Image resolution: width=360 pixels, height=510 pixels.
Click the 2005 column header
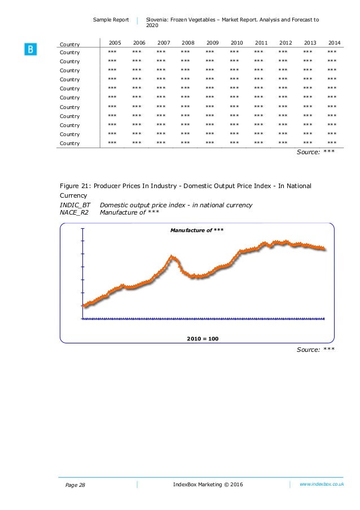click(x=115, y=43)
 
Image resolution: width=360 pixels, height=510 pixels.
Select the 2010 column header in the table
click(x=237, y=43)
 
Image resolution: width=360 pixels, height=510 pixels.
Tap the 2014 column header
click(x=334, y=43)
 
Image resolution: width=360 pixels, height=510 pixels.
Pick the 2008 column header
click(x=188, y=43)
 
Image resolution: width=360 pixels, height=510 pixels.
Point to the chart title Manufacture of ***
click(x=197, y=230)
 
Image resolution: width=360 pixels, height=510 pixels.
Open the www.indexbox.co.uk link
click(x=322, y=484)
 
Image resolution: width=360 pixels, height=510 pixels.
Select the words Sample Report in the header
click(x=111, y=20)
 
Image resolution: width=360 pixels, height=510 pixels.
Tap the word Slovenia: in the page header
click(x=159, y=20)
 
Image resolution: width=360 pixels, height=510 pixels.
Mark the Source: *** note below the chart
click(x=315, y=350)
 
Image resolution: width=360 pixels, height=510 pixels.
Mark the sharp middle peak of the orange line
click(x=173, y=257)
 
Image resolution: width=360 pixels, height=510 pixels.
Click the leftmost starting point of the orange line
click(x=84, y=306)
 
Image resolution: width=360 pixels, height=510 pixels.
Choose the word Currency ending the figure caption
click(x=74, y=195)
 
